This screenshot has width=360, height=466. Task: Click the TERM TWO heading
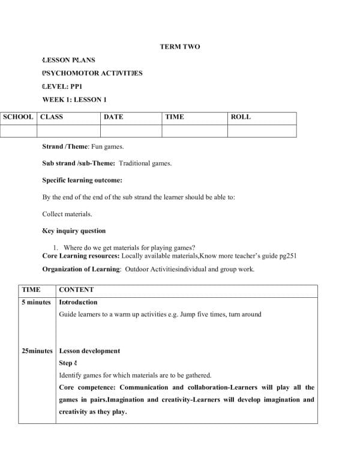[x=180, y=46]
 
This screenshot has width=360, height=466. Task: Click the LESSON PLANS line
[x=68, y=60]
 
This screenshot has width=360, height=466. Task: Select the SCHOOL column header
[x=18, y=117]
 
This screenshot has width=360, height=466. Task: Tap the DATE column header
[x=113, y=117]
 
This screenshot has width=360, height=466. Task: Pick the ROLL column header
[x=241, y=117]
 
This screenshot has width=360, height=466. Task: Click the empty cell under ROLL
[x=262, y=130]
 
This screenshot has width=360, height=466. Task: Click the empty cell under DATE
[x=131, y=130]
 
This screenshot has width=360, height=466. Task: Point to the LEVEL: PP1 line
[x=62, y=86]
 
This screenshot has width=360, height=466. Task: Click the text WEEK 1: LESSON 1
[x=74, y=100]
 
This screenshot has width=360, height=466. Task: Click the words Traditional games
[x=145, y=163]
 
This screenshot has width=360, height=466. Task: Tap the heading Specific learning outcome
[x=82, y=180]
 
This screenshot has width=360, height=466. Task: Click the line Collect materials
[x=67, y=214]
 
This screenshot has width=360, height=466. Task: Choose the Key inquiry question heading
[x=74, y=231]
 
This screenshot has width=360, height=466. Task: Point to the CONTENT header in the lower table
[x=76, y=289]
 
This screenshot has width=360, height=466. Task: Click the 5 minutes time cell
[x=36, y=302]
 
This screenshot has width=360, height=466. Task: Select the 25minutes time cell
[x=37, y=351]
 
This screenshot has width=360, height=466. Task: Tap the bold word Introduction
[x=78, y=302]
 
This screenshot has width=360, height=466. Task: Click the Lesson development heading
[x=89, y=351]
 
